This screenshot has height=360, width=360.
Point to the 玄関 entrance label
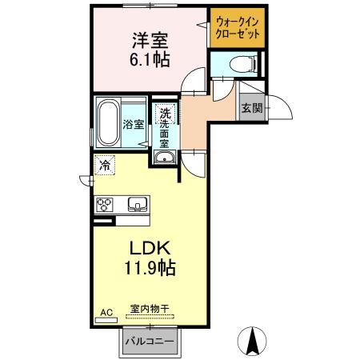pyautogui.click(x=251, y=108)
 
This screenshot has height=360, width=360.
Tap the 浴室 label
pyautogui.click(x=134, y=124)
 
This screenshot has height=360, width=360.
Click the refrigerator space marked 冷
pyautogui.click(x=105, y=165)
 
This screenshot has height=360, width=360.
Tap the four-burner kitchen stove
pyautogui.click(x=106, y=205)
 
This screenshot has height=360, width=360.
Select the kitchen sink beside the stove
pyautogui.click(x=137, y=205)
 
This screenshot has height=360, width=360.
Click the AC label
pyautogui.click(x=105, y=312)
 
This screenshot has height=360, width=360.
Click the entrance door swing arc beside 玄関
pyautogui.click(x=275, y=105)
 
